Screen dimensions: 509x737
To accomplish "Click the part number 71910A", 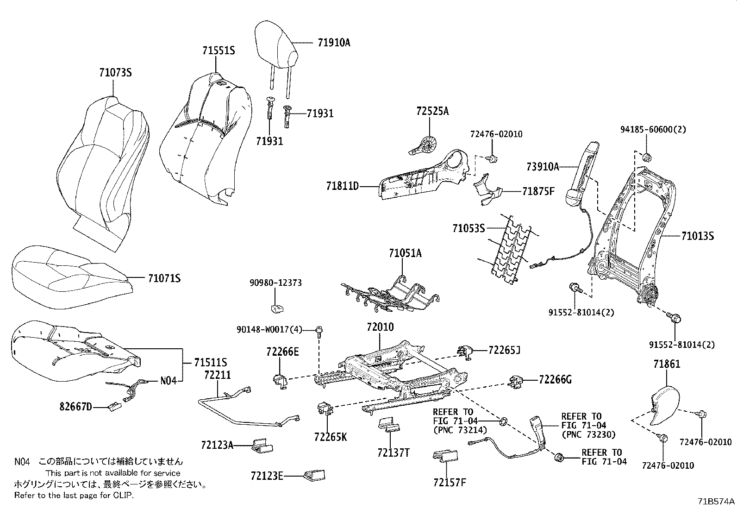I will tap(334, 43).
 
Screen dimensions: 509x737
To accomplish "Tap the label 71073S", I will tap(115, 72).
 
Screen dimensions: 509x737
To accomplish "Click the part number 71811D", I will tap(342, 187).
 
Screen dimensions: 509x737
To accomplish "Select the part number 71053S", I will tap(468, 228).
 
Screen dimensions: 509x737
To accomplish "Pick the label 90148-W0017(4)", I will tap(269, 329).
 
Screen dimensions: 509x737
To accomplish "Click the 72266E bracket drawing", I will tap(280, 380).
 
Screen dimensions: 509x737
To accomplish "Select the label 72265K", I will tap(330, 437).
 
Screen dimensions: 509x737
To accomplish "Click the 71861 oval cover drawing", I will tap(665, 404).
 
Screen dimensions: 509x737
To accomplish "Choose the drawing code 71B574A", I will tap(716, 501).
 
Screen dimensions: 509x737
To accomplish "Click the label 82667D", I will tap(75, 407).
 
